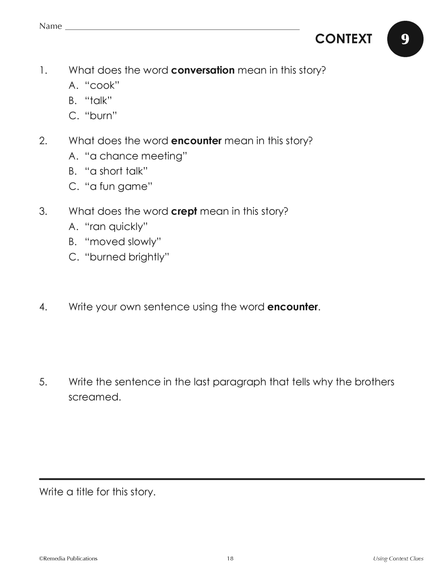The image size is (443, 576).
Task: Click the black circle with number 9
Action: pos(405,39)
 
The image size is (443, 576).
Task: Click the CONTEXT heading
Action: pos(343,39)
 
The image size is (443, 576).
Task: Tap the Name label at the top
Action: pos(51,26)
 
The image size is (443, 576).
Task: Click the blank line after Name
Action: pos(182,29)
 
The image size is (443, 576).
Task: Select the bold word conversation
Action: pos(202,70)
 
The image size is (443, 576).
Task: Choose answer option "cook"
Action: pos(102,86)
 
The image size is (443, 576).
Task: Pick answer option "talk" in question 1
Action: pos(98,101)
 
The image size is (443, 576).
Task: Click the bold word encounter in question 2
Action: pos(196,141)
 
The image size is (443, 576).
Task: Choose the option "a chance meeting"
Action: pos(136,156)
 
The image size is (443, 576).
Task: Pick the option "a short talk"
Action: pos(116,171)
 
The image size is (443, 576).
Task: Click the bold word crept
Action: pos(184,211)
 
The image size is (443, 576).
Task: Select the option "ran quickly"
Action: pos(116,227)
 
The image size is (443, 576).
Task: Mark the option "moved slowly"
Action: pos(123,242)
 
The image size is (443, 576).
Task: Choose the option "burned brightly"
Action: pos(127,257)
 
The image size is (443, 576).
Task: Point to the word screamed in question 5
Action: pos(94,397)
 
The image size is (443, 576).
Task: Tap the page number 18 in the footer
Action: pos(230,558)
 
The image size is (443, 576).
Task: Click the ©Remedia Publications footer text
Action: pos(68,558)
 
